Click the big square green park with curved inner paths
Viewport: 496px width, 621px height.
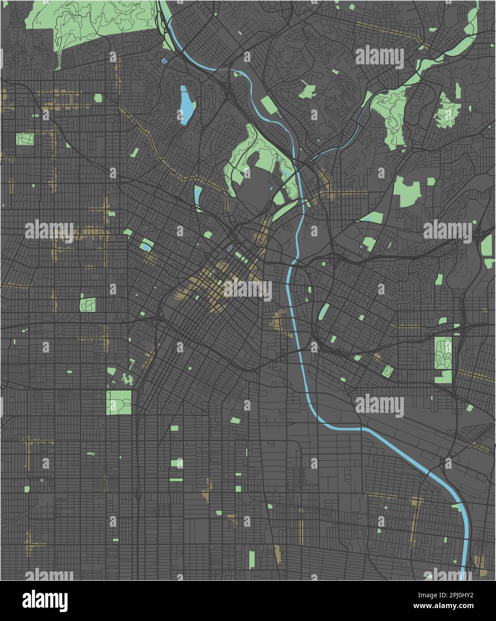[x=119, y=403]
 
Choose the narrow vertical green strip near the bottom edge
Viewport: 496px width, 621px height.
[x=252, y=559]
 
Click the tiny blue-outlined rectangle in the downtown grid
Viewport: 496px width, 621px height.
[x=230, y=248]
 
